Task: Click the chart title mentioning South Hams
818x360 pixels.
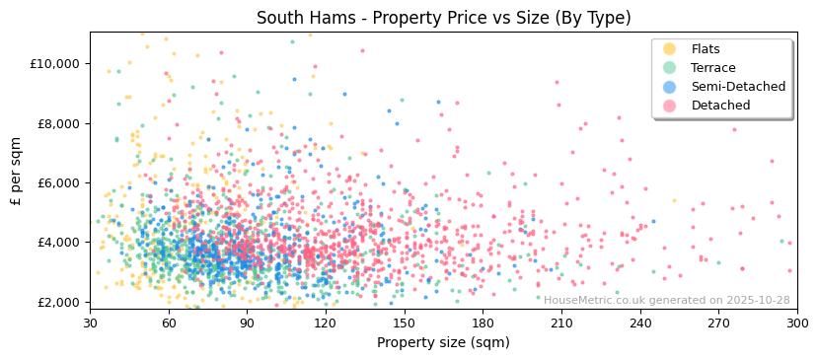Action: (x=443, y=18)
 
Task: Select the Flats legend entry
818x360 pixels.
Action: (x=706, y=49)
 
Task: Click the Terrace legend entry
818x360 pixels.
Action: (x=713, y=68)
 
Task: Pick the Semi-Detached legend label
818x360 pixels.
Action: (x=738, y=87)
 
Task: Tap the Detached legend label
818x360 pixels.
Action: (x=719, y=106)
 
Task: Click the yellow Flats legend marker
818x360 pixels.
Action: (x=670, y=49)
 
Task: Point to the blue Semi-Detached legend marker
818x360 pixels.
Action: (x=670, y=87)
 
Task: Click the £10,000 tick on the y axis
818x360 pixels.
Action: (x=55, y=64)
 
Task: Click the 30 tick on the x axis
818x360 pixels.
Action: (x=90, y=324)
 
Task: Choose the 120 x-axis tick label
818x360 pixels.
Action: (x=326, y=324)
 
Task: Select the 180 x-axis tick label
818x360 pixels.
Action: (x=483, y=324)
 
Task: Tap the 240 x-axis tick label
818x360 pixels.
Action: (x=639, y=324)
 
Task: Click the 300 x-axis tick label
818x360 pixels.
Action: (x=796, y=324)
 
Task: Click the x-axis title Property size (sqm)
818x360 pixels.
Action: (x=443, y=343)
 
